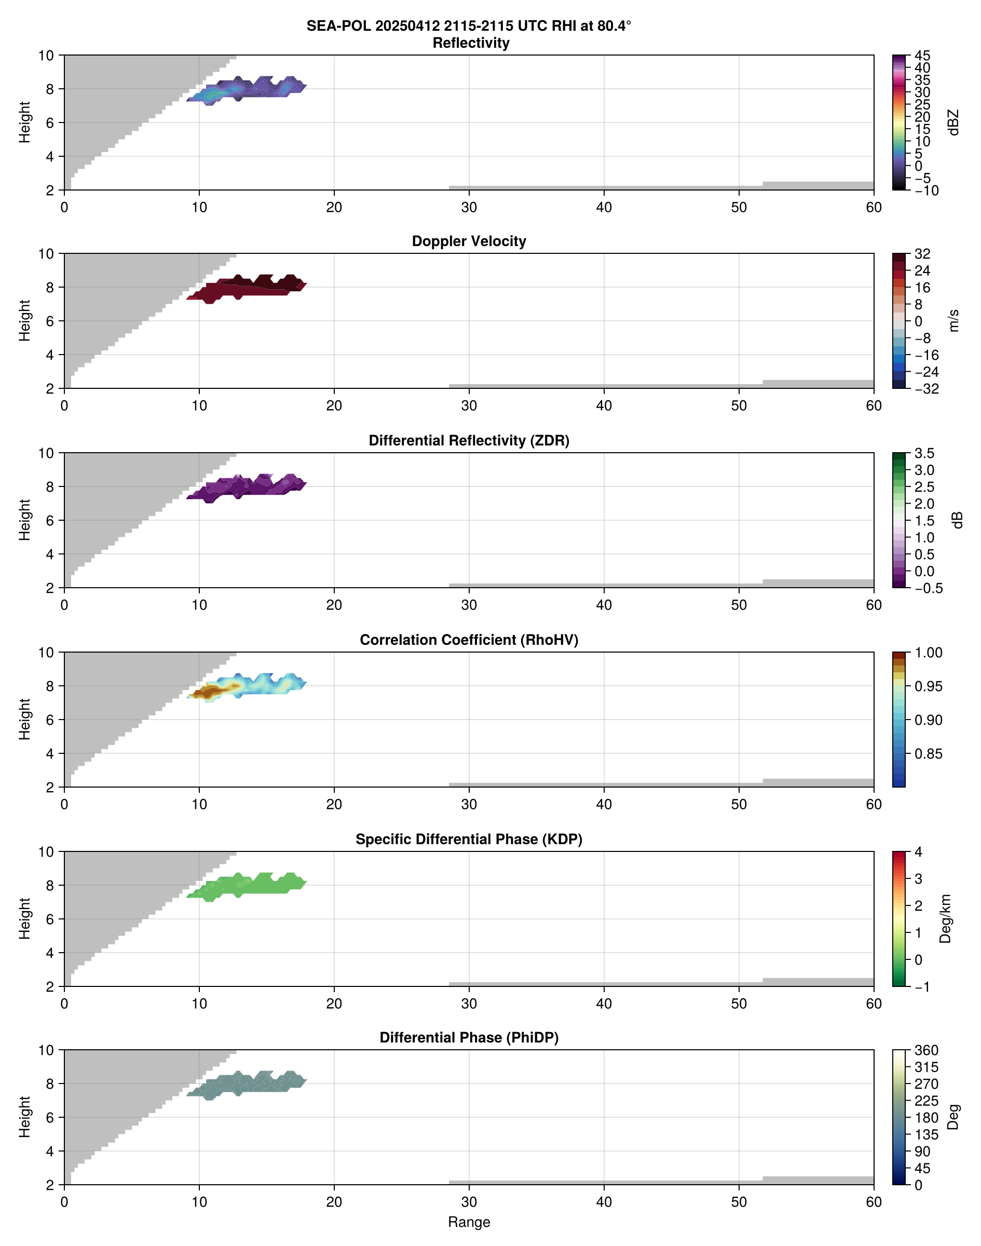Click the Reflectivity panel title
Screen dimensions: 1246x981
pyautogui.click(x=471, y=43)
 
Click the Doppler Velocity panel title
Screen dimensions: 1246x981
pyautogui.click(x=469, y=241)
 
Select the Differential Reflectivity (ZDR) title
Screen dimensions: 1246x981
pyautogui.click(x=469, y=441)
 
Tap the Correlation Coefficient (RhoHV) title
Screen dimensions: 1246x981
pyautogui.click(x=469, y=640)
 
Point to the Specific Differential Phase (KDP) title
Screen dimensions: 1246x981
pyautogui.click(x=469, y=839)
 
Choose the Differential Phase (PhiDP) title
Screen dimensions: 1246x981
pyautogui.click(x=469, y=1037)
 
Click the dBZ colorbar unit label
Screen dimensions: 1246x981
pyautogui.click(x=954, y=123)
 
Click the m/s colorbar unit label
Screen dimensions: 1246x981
pyautogui.click(x=954, y=320)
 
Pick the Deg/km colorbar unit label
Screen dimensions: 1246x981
pyautogui.click(x=945, y=918)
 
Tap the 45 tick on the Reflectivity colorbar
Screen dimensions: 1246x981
pyautogui.click(x=922, y=56)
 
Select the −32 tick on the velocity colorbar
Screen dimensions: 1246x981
pyautogui.click(x=927, y=389)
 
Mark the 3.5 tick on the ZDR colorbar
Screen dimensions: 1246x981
pyautogui.click(x=924, y=453)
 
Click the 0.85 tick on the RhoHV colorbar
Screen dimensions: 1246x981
pyautogui.click(x=928, y=754)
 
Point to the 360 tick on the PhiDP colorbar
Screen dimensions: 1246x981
pyautogui.click(x=927, y=1050)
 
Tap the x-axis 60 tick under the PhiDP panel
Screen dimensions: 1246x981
pyautogui.click(x=874, y=1202)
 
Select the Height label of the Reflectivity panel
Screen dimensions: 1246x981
pyautogui.click(x=24, y=123)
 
